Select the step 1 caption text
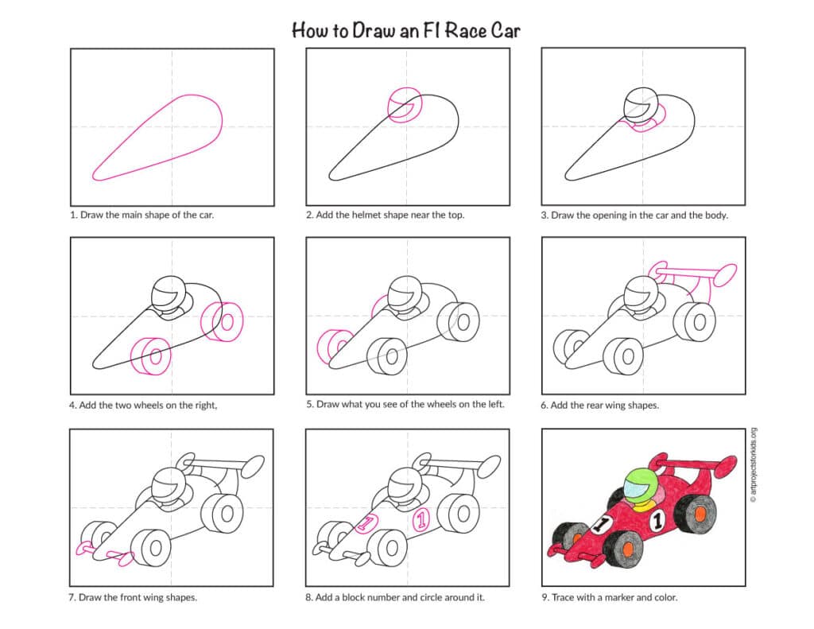(x=141, y=215)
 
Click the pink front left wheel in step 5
(x=329, y=347)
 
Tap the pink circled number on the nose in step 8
(x=366, y=523)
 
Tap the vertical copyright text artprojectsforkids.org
(x=753, y=469)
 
